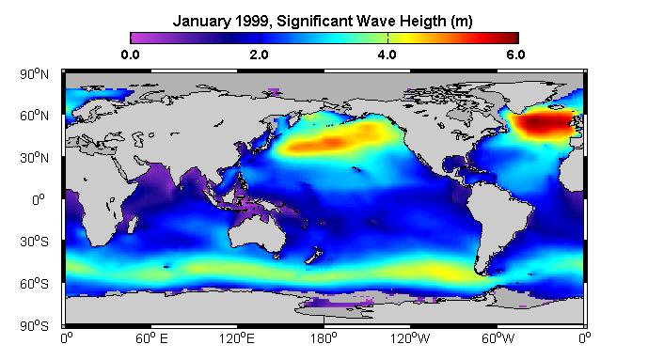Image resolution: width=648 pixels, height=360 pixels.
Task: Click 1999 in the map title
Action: [253, 21]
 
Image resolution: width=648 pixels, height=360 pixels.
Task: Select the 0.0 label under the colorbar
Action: [130, 55]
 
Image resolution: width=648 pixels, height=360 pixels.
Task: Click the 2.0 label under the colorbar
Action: [259, 55]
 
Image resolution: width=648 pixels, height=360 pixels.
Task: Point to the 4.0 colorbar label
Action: [387, 55]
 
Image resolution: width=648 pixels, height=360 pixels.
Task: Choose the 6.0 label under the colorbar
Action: [515, 55]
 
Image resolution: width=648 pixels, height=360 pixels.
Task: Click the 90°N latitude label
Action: [34, 74]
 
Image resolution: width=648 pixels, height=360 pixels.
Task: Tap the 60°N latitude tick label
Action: [34, 116]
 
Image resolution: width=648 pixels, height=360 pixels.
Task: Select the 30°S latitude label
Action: [34, 242]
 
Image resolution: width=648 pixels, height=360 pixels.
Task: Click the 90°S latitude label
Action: [34, 326]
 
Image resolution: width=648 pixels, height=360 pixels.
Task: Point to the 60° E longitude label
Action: [151, 338]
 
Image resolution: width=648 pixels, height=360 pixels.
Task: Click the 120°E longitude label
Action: [237, 338]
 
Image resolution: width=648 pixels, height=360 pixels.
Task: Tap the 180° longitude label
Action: [324, 338]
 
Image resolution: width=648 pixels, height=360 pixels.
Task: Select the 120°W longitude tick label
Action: [410, 338]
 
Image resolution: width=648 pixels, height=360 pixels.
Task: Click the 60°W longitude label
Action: [498, 338]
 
